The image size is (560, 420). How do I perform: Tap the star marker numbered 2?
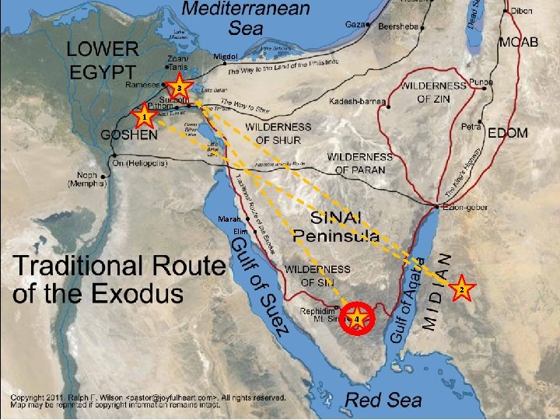pyautogui.click(x=460, y=289)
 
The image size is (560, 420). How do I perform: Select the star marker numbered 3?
pyautogui.click(x=180, y=89)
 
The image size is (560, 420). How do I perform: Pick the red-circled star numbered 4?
pyautogui.click(x=356, y=319)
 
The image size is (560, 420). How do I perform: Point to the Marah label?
pyautogui.click(x=231, y=220)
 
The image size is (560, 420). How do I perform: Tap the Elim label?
pyautogui.click(x=240, y=233)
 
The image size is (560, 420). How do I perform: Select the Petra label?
pyautogui.click(x=471, y=126)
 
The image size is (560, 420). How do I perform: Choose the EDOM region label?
pyautogui.click(x=507, y=133)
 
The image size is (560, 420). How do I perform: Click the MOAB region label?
pyautogui.click(x=518, y=41)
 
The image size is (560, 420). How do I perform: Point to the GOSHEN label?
pyautogui.click(x=128, y=134)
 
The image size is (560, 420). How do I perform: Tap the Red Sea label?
pyautogui.click(x=383, y=401)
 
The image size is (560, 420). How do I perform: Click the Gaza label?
pyautogui.click(x=355, y=26)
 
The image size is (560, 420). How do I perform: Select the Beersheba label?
pyautogui.click(x=398, y=26)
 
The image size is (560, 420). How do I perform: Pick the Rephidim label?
pyautogui.click(x=317, y=310)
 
